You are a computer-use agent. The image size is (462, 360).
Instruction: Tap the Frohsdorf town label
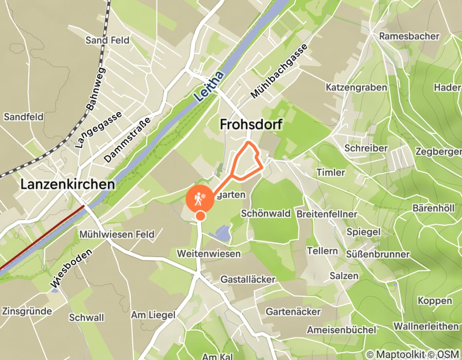click(252, 124)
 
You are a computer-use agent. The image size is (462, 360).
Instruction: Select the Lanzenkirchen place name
click(68, 185)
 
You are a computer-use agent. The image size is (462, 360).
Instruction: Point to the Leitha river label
click(210, 86)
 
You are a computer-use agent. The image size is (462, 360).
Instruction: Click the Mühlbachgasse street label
click(279, 71)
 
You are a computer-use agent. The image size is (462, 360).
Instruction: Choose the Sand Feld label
click(108, 40)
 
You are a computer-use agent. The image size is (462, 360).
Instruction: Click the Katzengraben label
click(356, 87)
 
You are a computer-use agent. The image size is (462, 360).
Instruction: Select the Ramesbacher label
click(410, 36)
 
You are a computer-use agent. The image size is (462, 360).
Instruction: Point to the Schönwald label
click(266, 213)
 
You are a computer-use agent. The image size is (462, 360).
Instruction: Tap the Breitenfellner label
click(327, 213)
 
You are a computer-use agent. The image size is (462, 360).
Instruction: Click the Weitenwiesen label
click(208, 254)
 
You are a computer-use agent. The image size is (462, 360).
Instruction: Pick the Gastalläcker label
click(248, 279)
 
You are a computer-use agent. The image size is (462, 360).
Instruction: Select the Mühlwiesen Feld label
click(117, 235)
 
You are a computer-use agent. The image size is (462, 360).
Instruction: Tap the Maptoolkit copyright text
click(395, 354)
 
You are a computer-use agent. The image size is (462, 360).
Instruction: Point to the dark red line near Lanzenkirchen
click(41, 238)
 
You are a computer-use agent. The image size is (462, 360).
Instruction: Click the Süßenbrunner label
click(378, 254)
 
